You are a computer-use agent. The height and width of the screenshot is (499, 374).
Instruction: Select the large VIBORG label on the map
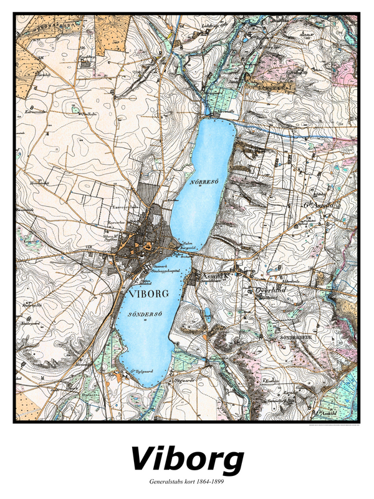146,293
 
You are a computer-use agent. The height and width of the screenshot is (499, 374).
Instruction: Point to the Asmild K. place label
213,275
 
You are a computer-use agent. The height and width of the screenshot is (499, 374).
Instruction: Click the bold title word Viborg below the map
186,460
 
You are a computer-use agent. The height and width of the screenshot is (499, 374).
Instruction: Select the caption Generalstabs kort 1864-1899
186,482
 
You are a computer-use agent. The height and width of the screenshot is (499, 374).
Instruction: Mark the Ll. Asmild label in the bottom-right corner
328,413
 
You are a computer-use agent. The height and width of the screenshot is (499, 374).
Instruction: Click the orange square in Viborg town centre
147,245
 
